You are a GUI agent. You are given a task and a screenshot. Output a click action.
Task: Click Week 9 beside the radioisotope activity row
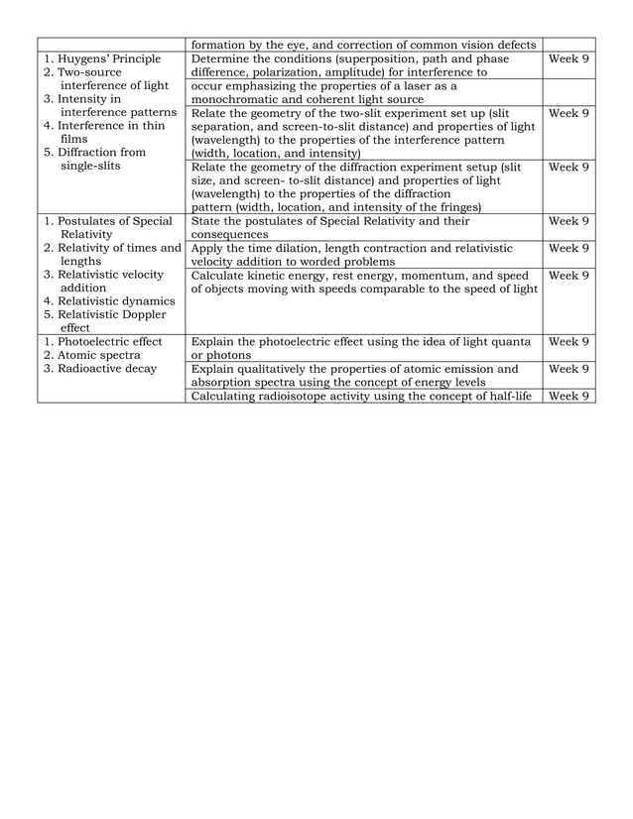pyautogui.click(x=570, y=397)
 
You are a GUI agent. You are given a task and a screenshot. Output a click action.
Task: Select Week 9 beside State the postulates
pyautogui.click(x=570, y=221)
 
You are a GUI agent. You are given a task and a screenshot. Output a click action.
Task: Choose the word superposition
pyautogui.click(x=374, y=59)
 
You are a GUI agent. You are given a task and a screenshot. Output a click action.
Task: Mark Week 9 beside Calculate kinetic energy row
pyautogui.click(x=570, y=275)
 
